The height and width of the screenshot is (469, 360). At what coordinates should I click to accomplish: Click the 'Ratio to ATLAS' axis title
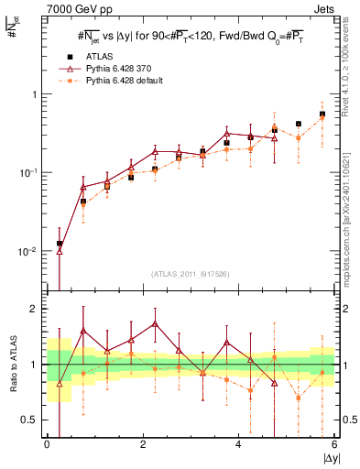point(13,365)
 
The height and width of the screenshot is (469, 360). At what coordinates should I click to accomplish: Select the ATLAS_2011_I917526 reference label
point(191,275)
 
